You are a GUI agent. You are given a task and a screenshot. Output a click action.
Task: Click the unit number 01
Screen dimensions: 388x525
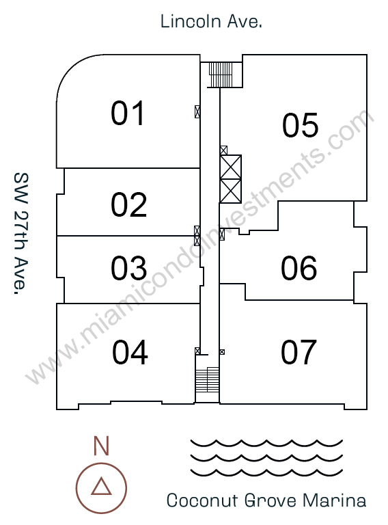[128, 113]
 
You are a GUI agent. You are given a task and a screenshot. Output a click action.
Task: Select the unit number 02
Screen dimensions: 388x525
[129, 204]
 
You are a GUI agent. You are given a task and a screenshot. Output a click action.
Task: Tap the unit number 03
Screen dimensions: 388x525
[129, 268]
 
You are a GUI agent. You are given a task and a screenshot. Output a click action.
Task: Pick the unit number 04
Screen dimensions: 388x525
[130, 352]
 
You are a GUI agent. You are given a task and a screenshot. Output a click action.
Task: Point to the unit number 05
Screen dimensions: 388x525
[300, 125]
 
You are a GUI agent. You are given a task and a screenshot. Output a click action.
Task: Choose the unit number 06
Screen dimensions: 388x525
[299, 268]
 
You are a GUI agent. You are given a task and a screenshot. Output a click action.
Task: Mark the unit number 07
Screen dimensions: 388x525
[299, 352]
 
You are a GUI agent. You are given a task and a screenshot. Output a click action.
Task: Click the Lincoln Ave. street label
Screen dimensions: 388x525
[211, 21]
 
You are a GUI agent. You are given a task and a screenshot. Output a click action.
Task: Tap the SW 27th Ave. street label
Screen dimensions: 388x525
[20, 234]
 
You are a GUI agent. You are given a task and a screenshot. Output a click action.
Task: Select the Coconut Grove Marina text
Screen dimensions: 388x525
[266, 500]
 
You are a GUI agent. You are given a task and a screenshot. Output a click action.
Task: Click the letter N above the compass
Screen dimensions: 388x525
[101, 446]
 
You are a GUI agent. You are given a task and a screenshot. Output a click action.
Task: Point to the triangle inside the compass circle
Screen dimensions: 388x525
[101, 487]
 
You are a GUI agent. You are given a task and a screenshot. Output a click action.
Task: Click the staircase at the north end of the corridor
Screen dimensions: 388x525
[221, 75]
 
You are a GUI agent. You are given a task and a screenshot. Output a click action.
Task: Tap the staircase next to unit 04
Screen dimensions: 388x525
[207, 380]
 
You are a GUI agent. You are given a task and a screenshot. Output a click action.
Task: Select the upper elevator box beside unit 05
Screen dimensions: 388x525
[230, 167]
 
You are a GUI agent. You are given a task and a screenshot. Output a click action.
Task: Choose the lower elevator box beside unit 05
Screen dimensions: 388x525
[230, 191]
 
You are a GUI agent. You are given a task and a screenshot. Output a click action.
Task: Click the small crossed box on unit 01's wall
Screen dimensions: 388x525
[197, 111]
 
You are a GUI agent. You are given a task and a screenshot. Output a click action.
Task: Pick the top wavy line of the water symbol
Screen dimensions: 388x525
[266, 443]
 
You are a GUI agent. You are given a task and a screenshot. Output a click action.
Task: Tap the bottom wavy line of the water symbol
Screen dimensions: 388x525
[266, 472]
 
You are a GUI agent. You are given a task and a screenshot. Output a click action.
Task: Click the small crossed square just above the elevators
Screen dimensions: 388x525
[223, 150]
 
